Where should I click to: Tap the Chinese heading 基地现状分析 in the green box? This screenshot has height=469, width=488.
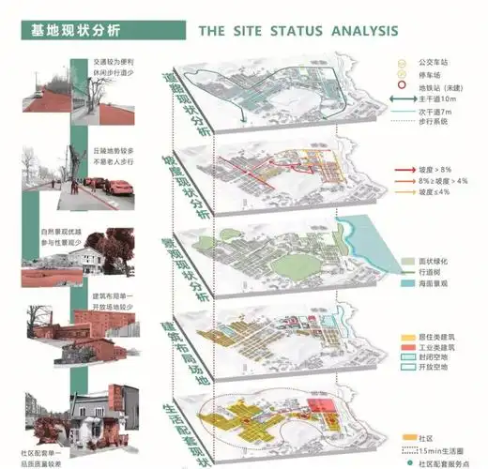[x=70, y=31]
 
